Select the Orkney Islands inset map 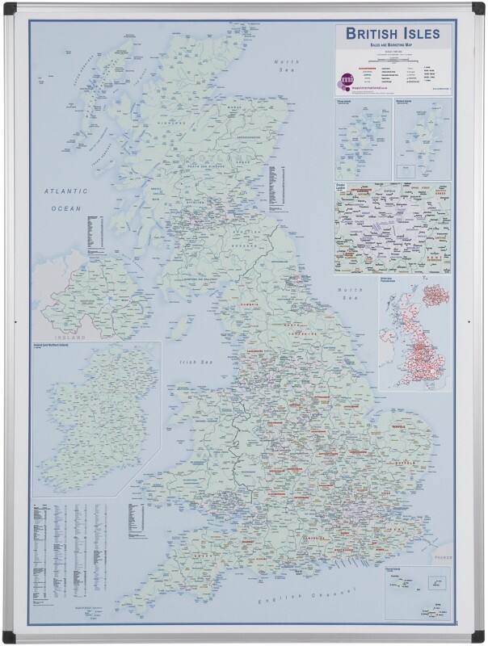364,140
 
